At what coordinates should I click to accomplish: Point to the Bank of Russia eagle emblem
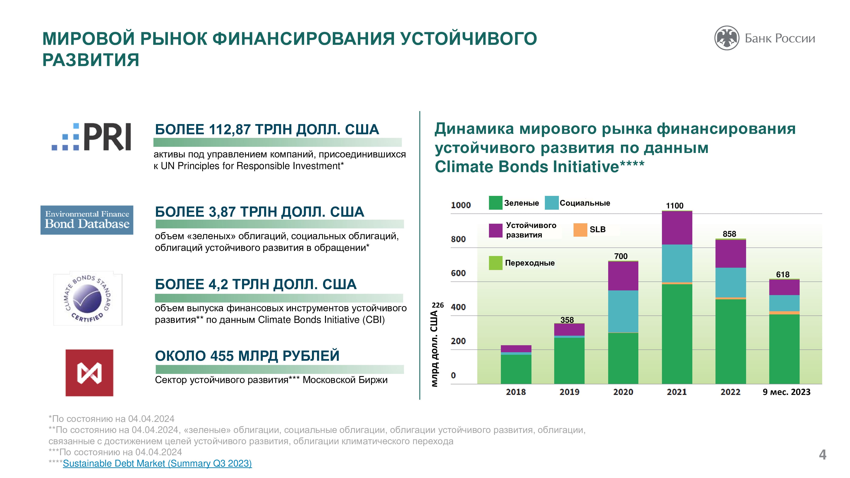click(x=726, y=38)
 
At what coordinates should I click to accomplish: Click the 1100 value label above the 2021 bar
click(x=674, y=206)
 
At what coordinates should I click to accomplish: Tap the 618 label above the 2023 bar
click(x=783, y=274)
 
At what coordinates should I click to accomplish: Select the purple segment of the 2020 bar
click(x=623, y=276)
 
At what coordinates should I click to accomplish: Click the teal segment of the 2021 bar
click(x=677, y=263)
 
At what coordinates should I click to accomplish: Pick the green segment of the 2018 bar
click(x=516, y=369)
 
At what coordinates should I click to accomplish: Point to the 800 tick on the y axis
click(x=458, y=239)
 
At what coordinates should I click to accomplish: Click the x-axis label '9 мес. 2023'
click(x=786, y=392)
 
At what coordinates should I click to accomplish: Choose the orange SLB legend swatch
click(x=580, y=230)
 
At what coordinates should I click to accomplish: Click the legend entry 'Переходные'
click(x=530, y=263)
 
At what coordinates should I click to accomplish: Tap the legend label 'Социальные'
click(x=585, y=203)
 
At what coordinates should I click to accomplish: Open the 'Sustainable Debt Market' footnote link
click(x=157, y=464)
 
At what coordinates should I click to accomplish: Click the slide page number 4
click(x=823, y=455)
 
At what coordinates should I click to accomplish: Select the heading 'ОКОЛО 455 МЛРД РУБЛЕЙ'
click(x=247, y=356)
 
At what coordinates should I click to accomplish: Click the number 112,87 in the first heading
click(x=230, y=130)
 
